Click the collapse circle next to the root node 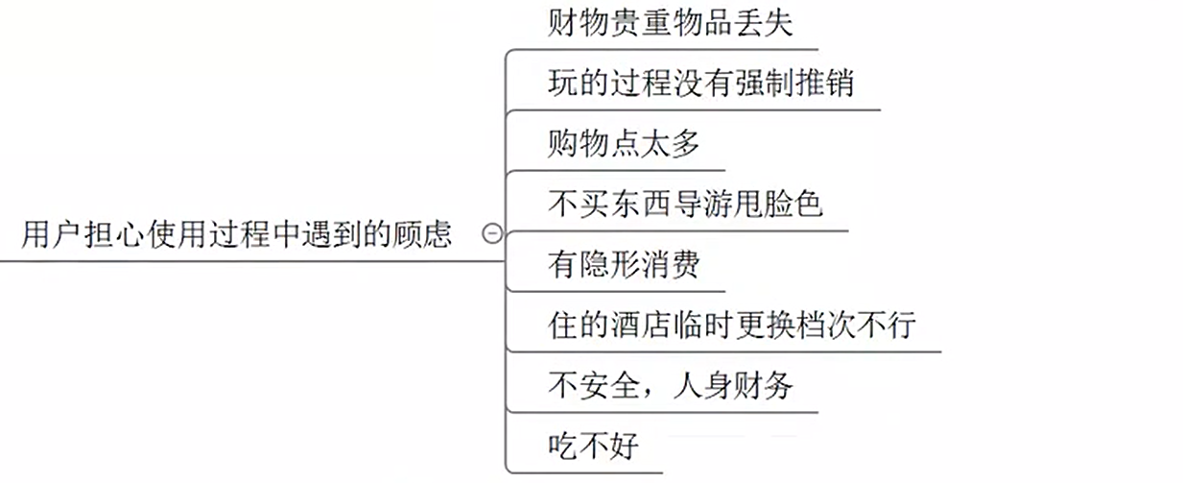[491, 233]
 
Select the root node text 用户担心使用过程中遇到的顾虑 [236, 234]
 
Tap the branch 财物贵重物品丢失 [671, 23]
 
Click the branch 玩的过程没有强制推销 [700, 84]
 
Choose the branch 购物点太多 [624, 144]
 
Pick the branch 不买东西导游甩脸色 [685, 205]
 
